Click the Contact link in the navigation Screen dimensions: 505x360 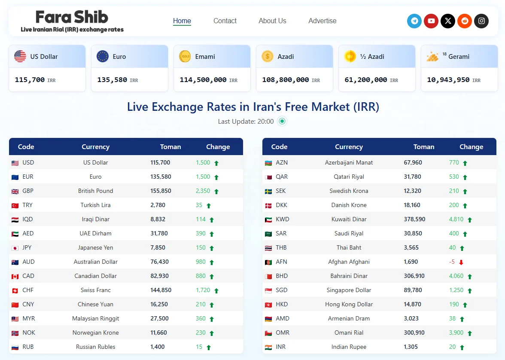pos(225,21)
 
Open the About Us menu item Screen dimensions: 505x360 pos(272,21)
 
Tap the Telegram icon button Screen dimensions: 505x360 pos(414,21)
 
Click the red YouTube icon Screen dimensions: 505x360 pos(431,21)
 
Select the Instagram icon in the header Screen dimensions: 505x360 pos(481,21)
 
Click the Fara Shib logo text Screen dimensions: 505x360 pos(72,17)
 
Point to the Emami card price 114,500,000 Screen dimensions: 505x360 pos(203,80)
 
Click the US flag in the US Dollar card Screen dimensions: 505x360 pos(20,56)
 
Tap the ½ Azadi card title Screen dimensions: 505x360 pos(372,57)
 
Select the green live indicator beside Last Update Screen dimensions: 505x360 pos(282,121)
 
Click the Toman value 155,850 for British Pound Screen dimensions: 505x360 pos(161,191)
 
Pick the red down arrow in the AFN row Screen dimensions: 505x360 pos(461,262)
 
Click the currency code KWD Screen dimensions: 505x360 pos(283,219)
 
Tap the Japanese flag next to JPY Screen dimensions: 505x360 pos(15,248)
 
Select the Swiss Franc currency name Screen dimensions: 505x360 pos(96,290)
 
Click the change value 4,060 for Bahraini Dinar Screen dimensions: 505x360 pos(456,276)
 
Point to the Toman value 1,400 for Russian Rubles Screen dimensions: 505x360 pos(158,347)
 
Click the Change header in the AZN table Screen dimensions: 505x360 pos(471,146)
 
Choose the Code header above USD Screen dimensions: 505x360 pos(26,146)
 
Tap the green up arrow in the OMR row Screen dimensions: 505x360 pos(470,333)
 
